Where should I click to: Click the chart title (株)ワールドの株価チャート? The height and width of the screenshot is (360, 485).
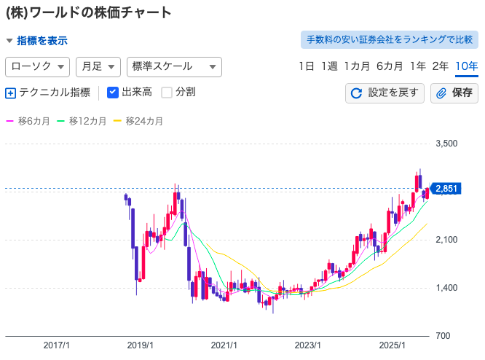coord(89,12)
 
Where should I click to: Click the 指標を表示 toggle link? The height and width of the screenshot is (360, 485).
coord(37,41)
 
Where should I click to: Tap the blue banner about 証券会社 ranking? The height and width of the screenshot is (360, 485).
coord(390,39)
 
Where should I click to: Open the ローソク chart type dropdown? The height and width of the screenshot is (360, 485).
coord(37,66)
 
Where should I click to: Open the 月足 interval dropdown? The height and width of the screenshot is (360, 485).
coord(98,66)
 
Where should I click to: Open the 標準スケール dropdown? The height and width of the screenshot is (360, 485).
coord(174,66)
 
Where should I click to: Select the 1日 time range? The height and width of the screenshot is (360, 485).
coord(307,66)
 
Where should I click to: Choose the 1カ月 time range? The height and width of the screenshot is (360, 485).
coord(357,66)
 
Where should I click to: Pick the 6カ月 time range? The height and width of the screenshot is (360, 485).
coord(390,66)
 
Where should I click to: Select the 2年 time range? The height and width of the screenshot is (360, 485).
coord(441,66)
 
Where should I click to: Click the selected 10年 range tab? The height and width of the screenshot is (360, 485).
coord(466,66)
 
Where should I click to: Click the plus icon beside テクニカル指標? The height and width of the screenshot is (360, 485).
coord(10,93)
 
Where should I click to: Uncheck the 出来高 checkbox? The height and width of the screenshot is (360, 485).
coord(113,93)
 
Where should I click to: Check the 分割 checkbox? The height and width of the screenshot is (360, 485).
coord(167,93)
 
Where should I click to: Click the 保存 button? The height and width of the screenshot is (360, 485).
coord(454,93)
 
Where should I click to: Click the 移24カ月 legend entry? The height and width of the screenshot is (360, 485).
coord(139,121)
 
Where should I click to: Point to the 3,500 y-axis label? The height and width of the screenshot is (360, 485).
coord(446,144)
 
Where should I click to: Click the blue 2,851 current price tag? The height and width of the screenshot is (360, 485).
coord(445,189)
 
